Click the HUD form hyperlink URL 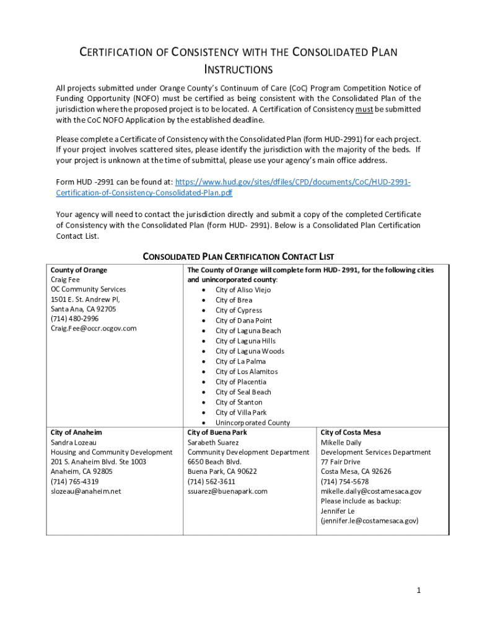tap(293, 182)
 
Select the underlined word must tap(364, 109)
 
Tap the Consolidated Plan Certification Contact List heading tap(239, 256)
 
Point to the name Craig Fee tap(65, 280)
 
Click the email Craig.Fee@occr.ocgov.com tap(94, 328)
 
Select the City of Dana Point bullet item tap(243, 321)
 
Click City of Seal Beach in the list tap(243, 392)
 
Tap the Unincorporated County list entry tap(253, 423)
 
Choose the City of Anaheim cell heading tap(76, 432)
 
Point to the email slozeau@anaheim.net tap(86, 491)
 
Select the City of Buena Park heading tap(217, 432)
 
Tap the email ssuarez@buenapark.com tap(227, 491)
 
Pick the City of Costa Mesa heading tap(351, 432)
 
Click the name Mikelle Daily tap(341, 443)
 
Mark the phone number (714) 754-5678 tap(344, 481)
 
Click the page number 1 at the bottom tap(419, 590)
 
